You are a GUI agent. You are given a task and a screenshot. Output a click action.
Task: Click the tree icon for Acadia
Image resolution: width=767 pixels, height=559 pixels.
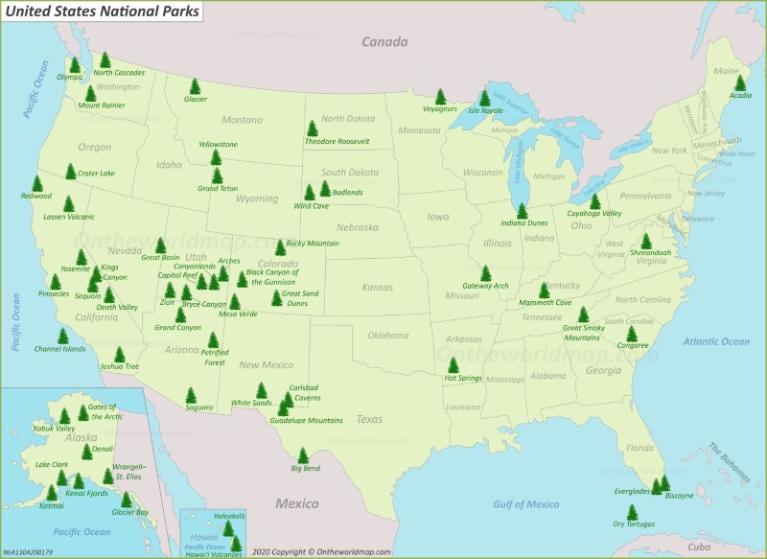[739, 82]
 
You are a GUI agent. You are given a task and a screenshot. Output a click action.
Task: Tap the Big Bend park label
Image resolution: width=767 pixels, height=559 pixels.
[304, 468]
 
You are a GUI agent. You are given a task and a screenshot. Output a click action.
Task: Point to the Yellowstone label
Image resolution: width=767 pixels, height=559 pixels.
[217, 144]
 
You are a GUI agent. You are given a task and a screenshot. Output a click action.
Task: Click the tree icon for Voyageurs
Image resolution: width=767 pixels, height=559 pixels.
[440, 96]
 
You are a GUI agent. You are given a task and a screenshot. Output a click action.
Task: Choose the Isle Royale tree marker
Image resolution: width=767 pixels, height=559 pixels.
[484, 97]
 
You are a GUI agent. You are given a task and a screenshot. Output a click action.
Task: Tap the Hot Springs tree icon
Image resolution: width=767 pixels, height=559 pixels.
[453, 364]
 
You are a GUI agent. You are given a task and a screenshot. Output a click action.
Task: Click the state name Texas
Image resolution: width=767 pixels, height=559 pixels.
[369, 419]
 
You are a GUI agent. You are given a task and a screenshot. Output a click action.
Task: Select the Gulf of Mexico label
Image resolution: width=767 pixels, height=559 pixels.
[526, 504]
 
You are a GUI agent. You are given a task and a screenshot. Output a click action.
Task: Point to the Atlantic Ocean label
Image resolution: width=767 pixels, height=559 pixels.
[716, 341]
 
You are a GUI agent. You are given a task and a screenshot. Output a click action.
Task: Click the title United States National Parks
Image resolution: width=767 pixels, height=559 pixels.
[103, 12]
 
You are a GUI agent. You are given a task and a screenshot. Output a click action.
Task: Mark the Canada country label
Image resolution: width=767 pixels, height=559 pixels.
[384, 41]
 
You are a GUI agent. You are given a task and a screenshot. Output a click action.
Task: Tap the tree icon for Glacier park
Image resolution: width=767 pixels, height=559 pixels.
[195, 85]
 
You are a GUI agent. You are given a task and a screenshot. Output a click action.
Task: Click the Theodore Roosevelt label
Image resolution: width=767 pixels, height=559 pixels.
[337, 141]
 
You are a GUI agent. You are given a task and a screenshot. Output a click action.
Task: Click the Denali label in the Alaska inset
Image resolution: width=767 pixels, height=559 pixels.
[102, 449]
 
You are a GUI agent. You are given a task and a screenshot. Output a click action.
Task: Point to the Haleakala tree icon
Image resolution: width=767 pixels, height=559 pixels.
[228, 527]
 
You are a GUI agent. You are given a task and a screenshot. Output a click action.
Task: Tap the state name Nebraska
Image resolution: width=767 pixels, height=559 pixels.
[356, 228]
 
